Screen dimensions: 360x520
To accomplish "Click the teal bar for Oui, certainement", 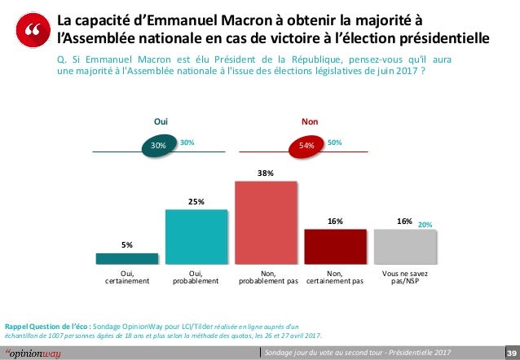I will [x=128, y=258].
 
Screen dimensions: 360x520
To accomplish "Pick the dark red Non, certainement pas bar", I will [x=335, y=246].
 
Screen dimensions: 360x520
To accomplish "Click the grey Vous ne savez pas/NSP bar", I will [x=403, y=246].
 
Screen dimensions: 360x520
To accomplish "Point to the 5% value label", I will [x=128, y=244].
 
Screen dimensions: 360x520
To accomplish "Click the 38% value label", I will [x=267, y=173].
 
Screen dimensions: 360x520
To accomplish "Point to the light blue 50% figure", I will [x=334, y=143].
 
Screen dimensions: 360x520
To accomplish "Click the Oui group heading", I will [x=161, y=121].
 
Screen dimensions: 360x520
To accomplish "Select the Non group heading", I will [x=310, y=121].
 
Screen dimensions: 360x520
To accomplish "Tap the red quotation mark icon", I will [x=33, y=32].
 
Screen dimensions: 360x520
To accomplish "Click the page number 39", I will [x=509, y=353].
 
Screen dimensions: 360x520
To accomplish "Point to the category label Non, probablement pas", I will [x=267, y=278].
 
